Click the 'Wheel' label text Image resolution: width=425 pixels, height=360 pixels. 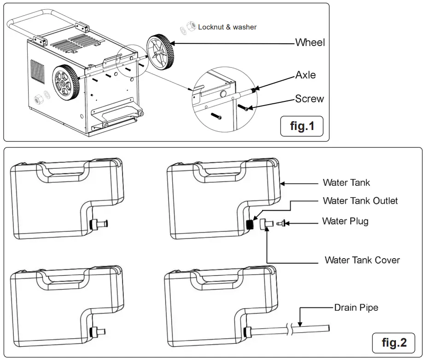click(x=309, y=43)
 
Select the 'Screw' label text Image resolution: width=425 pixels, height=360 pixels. click(x=309, y=99)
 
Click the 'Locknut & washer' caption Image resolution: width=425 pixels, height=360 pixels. click(x=227, y=27)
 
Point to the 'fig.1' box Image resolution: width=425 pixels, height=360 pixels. click(x=302, y=126)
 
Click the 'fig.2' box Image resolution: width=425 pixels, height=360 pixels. click(x=394, y=342)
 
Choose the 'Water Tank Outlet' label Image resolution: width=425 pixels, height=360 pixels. click(x=360, y=201)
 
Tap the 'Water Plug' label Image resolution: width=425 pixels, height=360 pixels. click(x=345, y=221)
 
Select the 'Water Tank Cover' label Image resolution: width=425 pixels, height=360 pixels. click(x=362, y=260)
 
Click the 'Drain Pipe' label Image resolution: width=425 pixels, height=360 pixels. click(x=356, y=307)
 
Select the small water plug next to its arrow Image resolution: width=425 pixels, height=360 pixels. click(x=281, y=224)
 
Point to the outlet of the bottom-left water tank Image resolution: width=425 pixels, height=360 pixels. click(x=98, y=331)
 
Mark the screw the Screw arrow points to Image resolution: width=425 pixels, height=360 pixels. click(x=244, y=107)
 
